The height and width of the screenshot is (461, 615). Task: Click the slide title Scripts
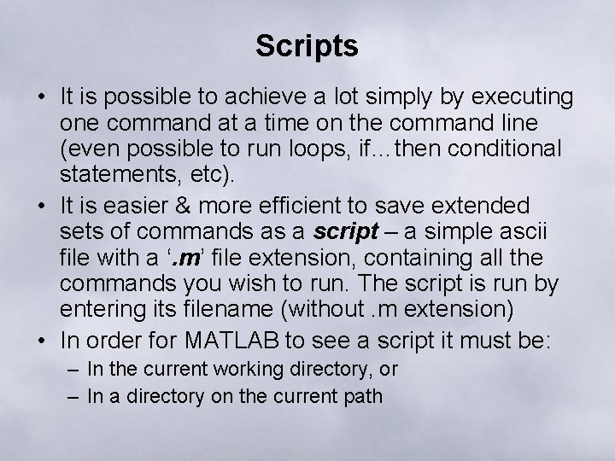coord(307,46)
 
